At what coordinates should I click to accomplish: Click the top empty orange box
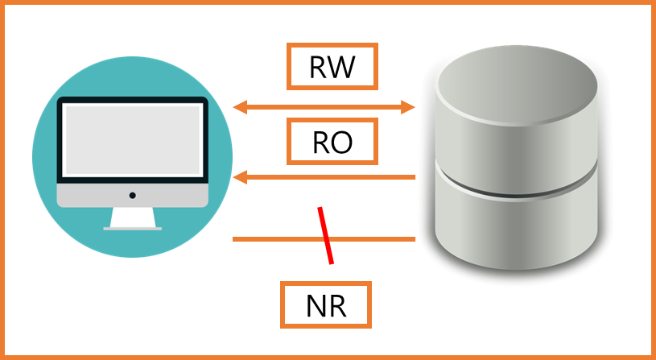pos(332,66)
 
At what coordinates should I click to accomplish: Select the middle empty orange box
pos(332,141)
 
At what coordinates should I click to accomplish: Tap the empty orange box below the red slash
pos(325,304)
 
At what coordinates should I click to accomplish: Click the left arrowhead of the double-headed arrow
pos(239,106)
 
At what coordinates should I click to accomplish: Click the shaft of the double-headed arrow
pos(324,107)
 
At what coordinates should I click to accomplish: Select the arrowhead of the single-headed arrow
pos(239,177)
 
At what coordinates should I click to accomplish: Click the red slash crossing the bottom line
pos(325,234)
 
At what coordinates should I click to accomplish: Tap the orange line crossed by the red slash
pos(274,239)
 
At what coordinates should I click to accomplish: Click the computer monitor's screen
pos(132,139)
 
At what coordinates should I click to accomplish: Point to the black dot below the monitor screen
pos(132,195)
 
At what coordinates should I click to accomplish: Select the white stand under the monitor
pos(132,217)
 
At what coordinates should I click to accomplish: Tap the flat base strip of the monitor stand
pos(132,229)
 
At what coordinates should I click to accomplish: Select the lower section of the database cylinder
pos(516,234)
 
